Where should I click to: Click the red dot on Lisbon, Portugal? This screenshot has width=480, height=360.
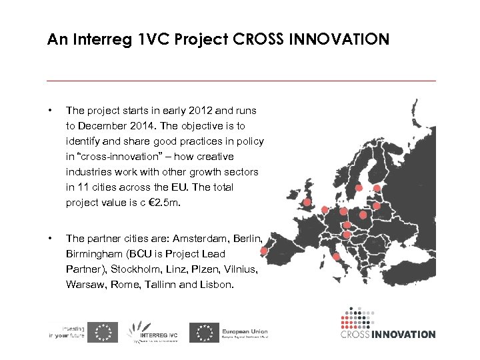pyautogui.click(x=264, y=251)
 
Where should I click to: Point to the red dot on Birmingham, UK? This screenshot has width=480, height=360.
pyautogui.click(x=307, y=203)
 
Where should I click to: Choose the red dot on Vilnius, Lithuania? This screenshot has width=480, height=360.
pyautogui.click(x=377, y=206)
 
